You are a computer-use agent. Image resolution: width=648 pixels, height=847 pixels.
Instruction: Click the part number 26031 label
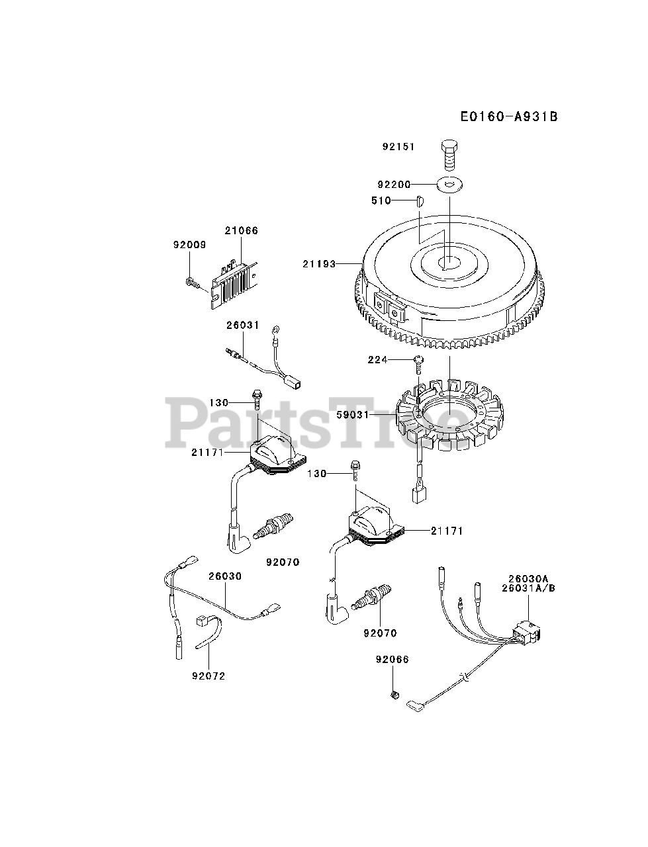243,326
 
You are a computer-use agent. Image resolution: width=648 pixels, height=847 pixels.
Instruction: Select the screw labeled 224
418,359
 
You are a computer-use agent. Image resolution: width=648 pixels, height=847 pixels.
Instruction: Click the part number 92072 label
208,676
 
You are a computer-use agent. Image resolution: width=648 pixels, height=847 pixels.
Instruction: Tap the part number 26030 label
225,576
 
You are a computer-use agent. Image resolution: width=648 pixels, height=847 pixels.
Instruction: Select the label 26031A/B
528,588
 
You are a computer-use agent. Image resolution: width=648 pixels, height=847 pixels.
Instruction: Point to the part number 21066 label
241,231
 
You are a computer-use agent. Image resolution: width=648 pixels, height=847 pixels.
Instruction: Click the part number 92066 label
393,660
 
